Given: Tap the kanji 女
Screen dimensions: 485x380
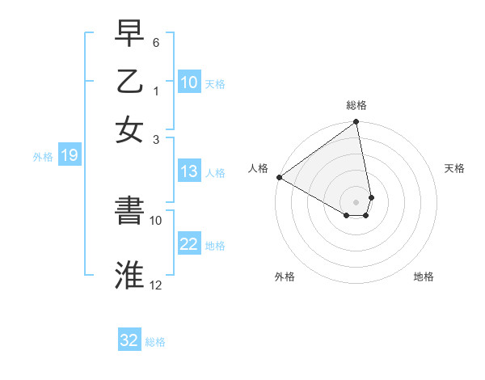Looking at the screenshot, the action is pos(129,129).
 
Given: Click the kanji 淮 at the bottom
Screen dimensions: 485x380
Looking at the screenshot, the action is pos(129,274).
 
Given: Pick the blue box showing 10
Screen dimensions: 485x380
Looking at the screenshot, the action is pos(189,82).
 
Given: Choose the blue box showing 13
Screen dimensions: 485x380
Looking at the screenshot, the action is pos(189,171).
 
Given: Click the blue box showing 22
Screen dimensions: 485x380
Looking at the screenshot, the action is pos(189,244).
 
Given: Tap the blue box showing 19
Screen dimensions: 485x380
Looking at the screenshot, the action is pos(70,156).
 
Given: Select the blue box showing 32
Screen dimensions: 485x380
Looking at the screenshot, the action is pos(129,340).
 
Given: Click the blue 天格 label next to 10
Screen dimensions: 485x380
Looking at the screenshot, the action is pos(215,83).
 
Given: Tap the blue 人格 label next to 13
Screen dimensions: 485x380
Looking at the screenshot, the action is pos(215,172).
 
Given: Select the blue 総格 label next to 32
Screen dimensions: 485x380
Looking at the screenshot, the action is pos(155,341).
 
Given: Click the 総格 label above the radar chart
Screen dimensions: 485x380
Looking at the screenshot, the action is pos(356,105).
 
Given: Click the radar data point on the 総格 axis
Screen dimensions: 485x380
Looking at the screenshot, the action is pos(356,123).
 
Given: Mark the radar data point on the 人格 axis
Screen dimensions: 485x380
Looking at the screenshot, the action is pos(279,177).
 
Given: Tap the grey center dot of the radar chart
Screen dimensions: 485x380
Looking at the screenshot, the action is pos(356,201).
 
